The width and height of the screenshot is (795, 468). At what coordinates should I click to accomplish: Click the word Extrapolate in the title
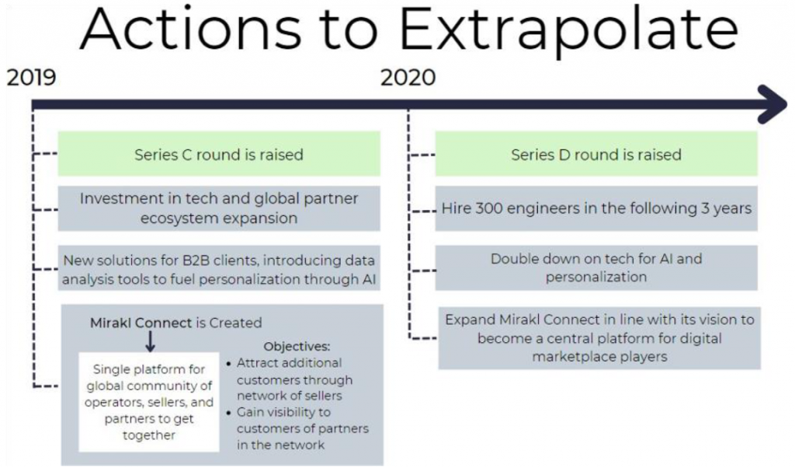pos(568,30)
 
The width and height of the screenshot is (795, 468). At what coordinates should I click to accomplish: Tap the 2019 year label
pos(31,78)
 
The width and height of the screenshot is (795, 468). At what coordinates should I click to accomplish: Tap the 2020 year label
pos(408,78)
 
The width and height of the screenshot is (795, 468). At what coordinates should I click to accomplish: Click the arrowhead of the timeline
pos(772,105)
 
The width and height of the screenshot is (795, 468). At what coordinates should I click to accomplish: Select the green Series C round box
pos(219,154)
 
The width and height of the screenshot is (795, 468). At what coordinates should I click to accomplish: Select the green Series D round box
pos(596,154)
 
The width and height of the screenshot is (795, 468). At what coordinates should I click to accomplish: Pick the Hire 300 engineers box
pos(596,208)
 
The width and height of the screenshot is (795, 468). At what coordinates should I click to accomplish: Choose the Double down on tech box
pos(596,268)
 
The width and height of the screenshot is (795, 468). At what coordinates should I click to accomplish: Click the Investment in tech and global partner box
pos(219,208)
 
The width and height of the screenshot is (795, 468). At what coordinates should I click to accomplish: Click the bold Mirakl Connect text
pos(141,323)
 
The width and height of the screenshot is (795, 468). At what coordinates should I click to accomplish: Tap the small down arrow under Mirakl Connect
pos(150,341)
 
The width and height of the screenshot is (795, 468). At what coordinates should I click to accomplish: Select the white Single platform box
pos(149,402)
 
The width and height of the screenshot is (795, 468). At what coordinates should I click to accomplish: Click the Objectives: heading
pos(297,347)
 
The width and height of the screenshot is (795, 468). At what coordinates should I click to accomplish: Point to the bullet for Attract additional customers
pos(229,364)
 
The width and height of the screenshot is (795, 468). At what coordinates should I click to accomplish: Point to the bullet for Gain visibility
pos(229,413)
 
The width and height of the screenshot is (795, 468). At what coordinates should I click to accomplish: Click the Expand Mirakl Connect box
pos(599,338)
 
